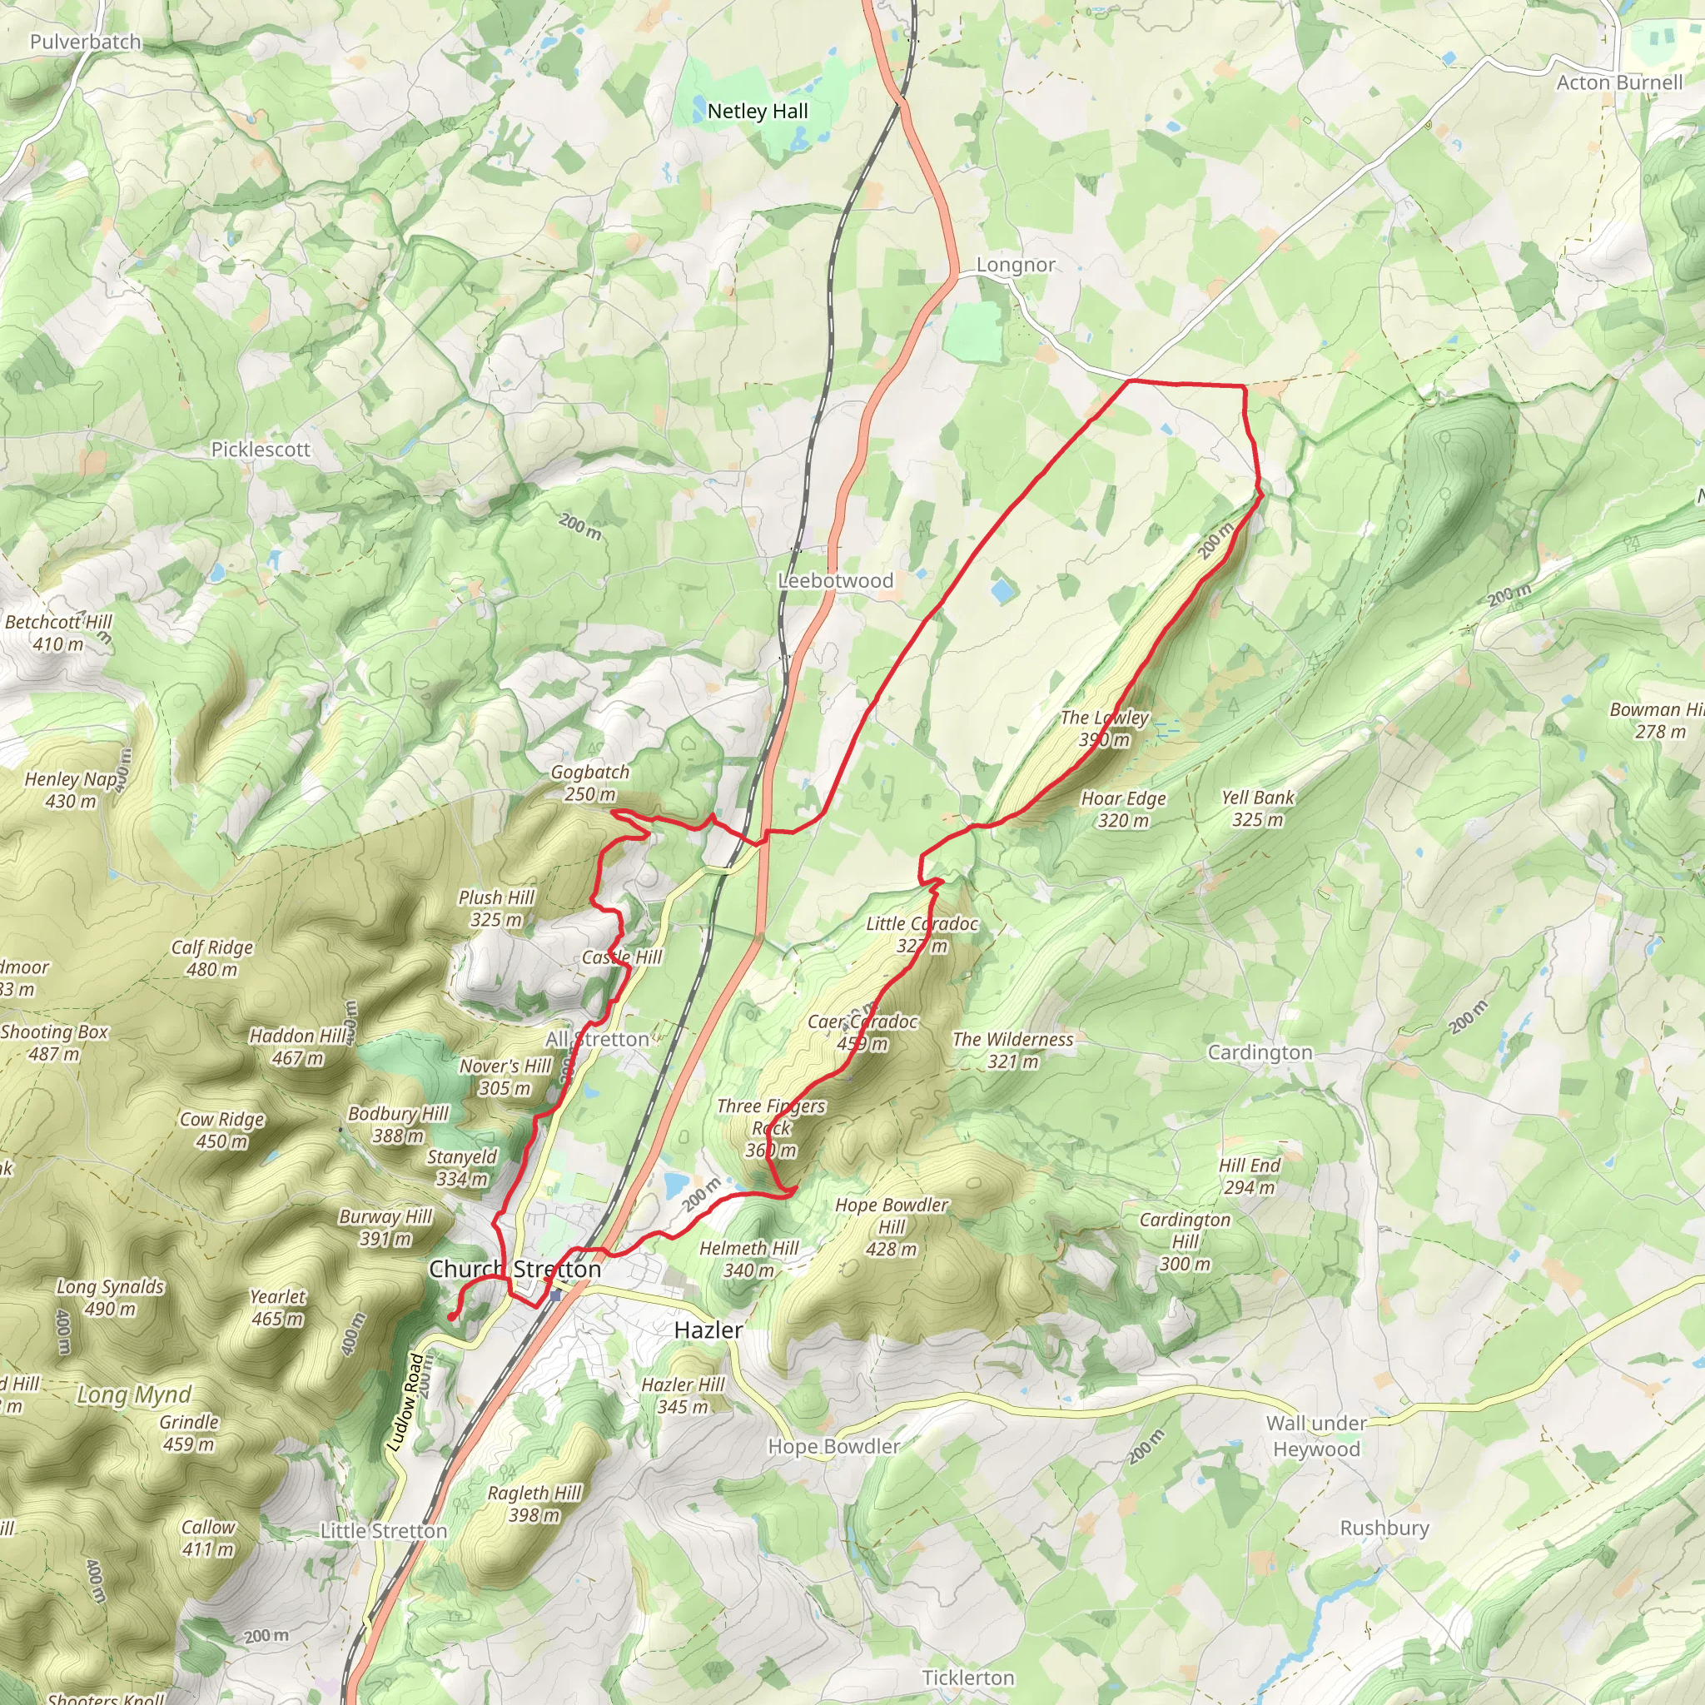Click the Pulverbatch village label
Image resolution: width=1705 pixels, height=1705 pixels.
[x=86, y=42]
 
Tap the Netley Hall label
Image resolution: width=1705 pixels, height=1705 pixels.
[x=758, y=112]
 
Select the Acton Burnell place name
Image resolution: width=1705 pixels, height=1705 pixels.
[x=1619, y=82]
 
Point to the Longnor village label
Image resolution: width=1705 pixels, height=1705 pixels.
[x=1015, y=265]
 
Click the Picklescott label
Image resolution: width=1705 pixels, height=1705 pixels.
[x=261, y=450]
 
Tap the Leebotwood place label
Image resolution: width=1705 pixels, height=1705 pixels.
[x=835, y=581]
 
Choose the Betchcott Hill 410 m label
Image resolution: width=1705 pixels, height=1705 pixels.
[x=58, y=633]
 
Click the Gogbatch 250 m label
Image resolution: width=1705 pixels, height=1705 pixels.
[x=590, y=783]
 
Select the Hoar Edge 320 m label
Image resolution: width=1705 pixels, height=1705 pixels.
[x=1123, y=809]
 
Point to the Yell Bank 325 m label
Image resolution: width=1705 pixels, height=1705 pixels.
[x=1258, y=808]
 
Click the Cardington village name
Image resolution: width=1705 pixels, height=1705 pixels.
[x=1260, y=1052]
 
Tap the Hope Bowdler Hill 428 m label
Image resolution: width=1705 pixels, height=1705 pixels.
[x=892, y=1226]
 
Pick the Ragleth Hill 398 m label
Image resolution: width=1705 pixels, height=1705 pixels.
[x=534, y=1504]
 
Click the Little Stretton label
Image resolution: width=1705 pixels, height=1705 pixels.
[x=383, y=1531]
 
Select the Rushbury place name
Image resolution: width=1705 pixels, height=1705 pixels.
[x=1384, y=1528]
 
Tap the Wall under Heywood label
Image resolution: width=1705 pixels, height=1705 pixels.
[x=1316, y=1436]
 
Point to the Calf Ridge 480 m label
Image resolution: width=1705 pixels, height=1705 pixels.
[x=211, y=957]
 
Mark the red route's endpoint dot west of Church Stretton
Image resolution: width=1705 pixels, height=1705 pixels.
[x=451, y=1317]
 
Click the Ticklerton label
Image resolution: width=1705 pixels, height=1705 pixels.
[x=967, y=1677]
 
